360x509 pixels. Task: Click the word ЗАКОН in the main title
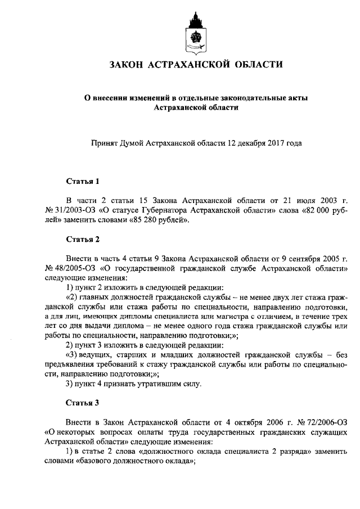coord(129,66)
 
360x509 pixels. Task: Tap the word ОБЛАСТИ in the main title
coord(258,66)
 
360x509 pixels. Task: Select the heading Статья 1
coord(83,182)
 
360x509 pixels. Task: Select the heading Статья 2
coord(83,239)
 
